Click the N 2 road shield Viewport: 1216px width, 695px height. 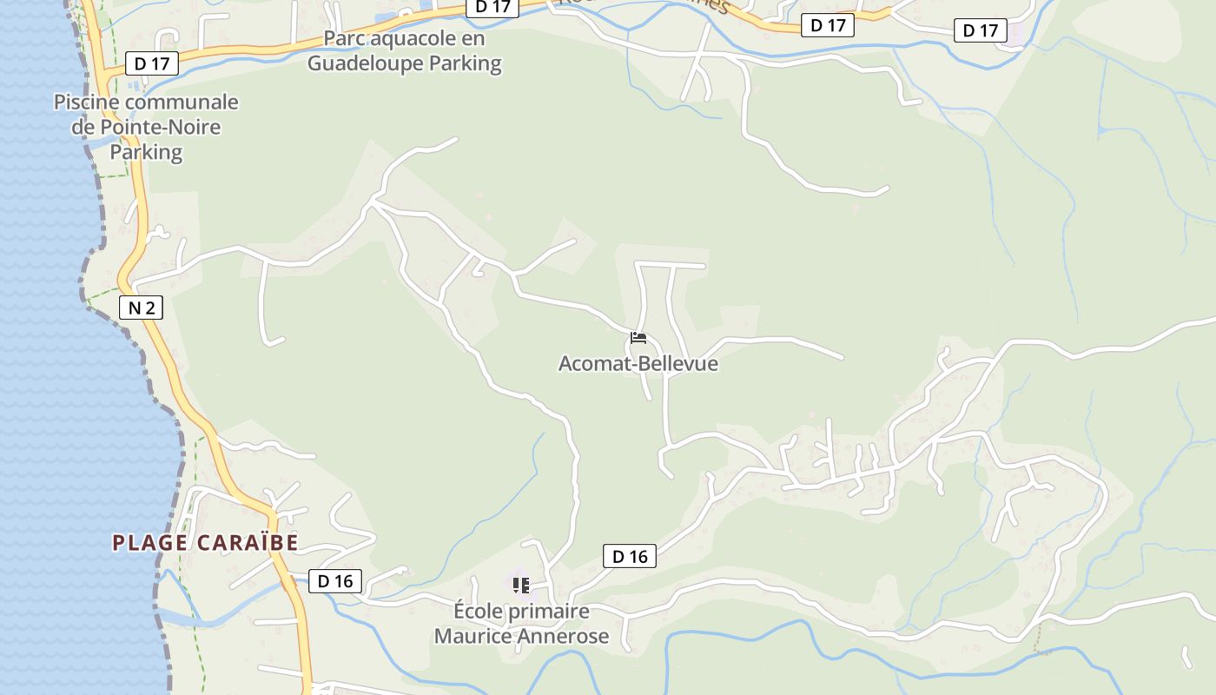[141, 307]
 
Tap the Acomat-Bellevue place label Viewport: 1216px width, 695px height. [638, 363]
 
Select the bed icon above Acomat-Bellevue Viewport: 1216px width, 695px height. [638, 338]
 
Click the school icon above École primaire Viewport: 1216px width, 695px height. [521, 586]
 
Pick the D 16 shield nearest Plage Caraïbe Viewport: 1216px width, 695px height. [335, 581]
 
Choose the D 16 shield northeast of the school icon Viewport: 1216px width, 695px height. [630, 556]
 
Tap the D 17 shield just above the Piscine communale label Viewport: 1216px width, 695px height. [152, 63]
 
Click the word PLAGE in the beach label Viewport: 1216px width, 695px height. [149, 543]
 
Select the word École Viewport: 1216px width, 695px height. [479, 611]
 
